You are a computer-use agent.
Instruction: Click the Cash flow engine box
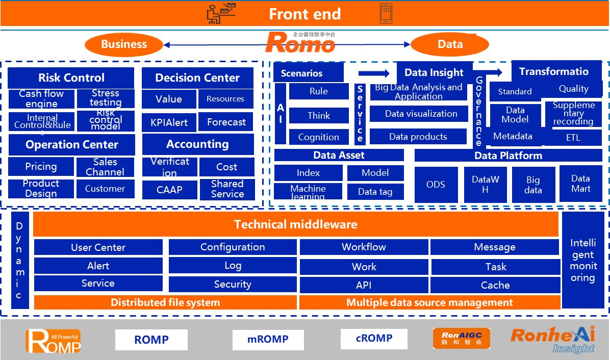tap(41, 99)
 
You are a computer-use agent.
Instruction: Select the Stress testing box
tap(106, 98)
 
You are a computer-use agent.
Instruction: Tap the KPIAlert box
tap(169, 122)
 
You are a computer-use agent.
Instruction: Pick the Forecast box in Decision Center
tap(226, 122)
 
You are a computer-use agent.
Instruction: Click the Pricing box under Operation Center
tap(41, 167)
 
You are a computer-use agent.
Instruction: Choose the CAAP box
tap(169, 190)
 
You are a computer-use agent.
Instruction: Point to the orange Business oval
tap(124, 44)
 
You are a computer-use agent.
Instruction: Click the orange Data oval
tap(450, 44)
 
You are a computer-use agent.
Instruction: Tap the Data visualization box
tap(421, 114)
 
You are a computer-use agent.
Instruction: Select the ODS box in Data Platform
tap(435, 185)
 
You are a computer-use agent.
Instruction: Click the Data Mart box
tap(580, 184)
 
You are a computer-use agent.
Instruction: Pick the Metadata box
tap(513, 137)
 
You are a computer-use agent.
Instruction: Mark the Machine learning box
tap(308, 192)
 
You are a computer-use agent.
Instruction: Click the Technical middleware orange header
tap(296, 224)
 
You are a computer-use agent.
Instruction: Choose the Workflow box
tap(364, 247)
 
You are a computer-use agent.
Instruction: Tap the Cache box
tap(495, 285)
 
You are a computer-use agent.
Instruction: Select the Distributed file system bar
tap(165, 302)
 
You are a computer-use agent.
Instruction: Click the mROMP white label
tap(268, 340)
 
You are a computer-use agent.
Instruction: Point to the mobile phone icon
tap(386, 14)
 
